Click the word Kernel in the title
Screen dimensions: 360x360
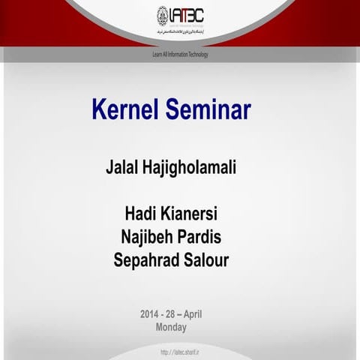[x=122, y=110]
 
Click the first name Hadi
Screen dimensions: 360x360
[x=142, y=214]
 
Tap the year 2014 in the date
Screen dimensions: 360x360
[x=150, y=313]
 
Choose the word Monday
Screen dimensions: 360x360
[x=171, y=327]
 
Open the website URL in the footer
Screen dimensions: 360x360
[x=179, y=352]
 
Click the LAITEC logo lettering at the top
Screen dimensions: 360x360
[x=187, y=15]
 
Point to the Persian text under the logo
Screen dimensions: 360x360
[x=180, y=34]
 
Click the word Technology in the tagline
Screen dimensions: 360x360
[x=196, y=55]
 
